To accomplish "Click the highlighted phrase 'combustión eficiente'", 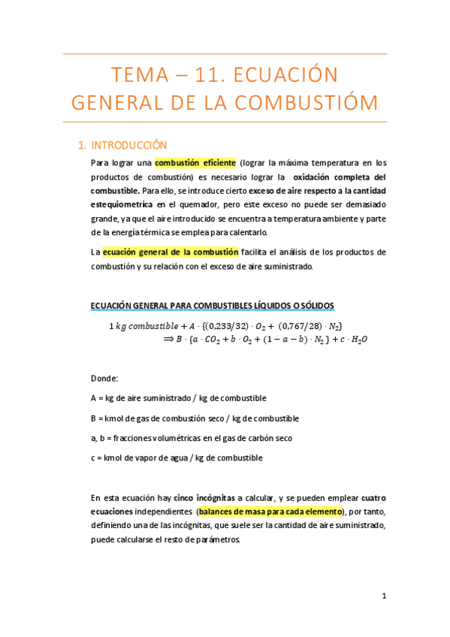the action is click(195, 162).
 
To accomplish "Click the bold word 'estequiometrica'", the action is click(122, 204).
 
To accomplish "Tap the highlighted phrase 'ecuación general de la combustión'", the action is click(170, 252).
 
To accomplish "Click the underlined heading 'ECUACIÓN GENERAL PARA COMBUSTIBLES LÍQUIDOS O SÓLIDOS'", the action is click(212, 305).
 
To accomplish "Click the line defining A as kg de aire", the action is click(178, 398).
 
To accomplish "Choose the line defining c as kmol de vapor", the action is click(177, 457).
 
